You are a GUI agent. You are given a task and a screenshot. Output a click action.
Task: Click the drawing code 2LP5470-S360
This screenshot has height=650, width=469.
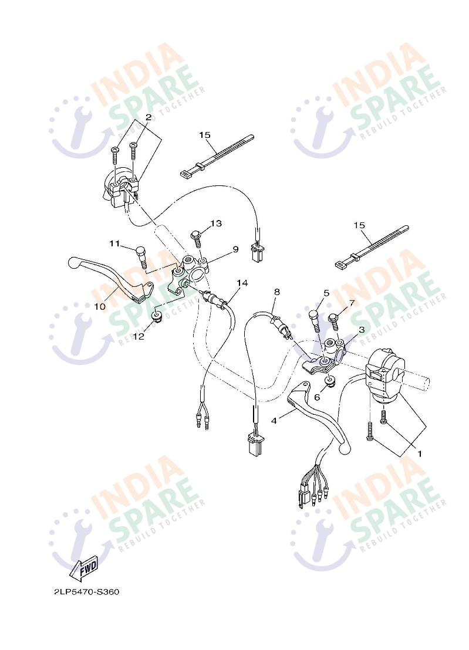coord(86,591)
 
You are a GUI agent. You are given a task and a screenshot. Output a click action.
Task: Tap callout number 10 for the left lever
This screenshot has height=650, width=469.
coord(100,307)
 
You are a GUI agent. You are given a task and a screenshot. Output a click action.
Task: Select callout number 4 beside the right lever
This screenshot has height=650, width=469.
coord(274,421)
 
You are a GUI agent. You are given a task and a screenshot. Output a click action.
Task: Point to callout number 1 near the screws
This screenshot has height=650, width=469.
coord(419,454)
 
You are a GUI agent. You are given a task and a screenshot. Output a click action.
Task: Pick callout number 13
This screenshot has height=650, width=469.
coord(216,224)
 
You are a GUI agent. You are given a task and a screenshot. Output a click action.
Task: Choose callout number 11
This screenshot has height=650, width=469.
coord(114,243)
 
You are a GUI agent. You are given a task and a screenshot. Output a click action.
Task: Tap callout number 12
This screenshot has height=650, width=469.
coord(139,336)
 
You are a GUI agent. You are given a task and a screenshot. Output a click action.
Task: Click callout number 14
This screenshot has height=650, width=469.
coord(242,283)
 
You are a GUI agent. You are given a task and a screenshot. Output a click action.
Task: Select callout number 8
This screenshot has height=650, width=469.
coord(277,292)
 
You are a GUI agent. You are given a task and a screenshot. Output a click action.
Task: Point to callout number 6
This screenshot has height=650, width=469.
coord(317,398)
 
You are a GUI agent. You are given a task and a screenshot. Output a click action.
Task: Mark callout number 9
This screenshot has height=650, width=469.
coord(235,249)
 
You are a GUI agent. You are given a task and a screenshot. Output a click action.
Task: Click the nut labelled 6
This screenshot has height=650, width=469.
coord(330,381)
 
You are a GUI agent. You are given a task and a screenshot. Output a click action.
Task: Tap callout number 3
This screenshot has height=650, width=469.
coord(362,330)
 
